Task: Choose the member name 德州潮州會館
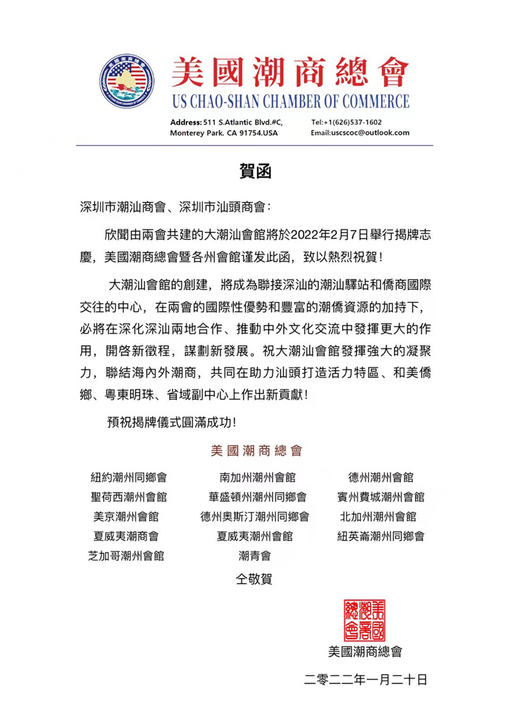(381, 477)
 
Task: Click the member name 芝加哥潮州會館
(127, 555)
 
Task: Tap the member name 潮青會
(254, 555)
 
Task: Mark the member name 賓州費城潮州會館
(381, 497)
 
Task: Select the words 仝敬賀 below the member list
(254, 579)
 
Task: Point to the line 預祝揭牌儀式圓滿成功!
(174, 421)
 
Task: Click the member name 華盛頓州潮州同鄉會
(254, 497)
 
